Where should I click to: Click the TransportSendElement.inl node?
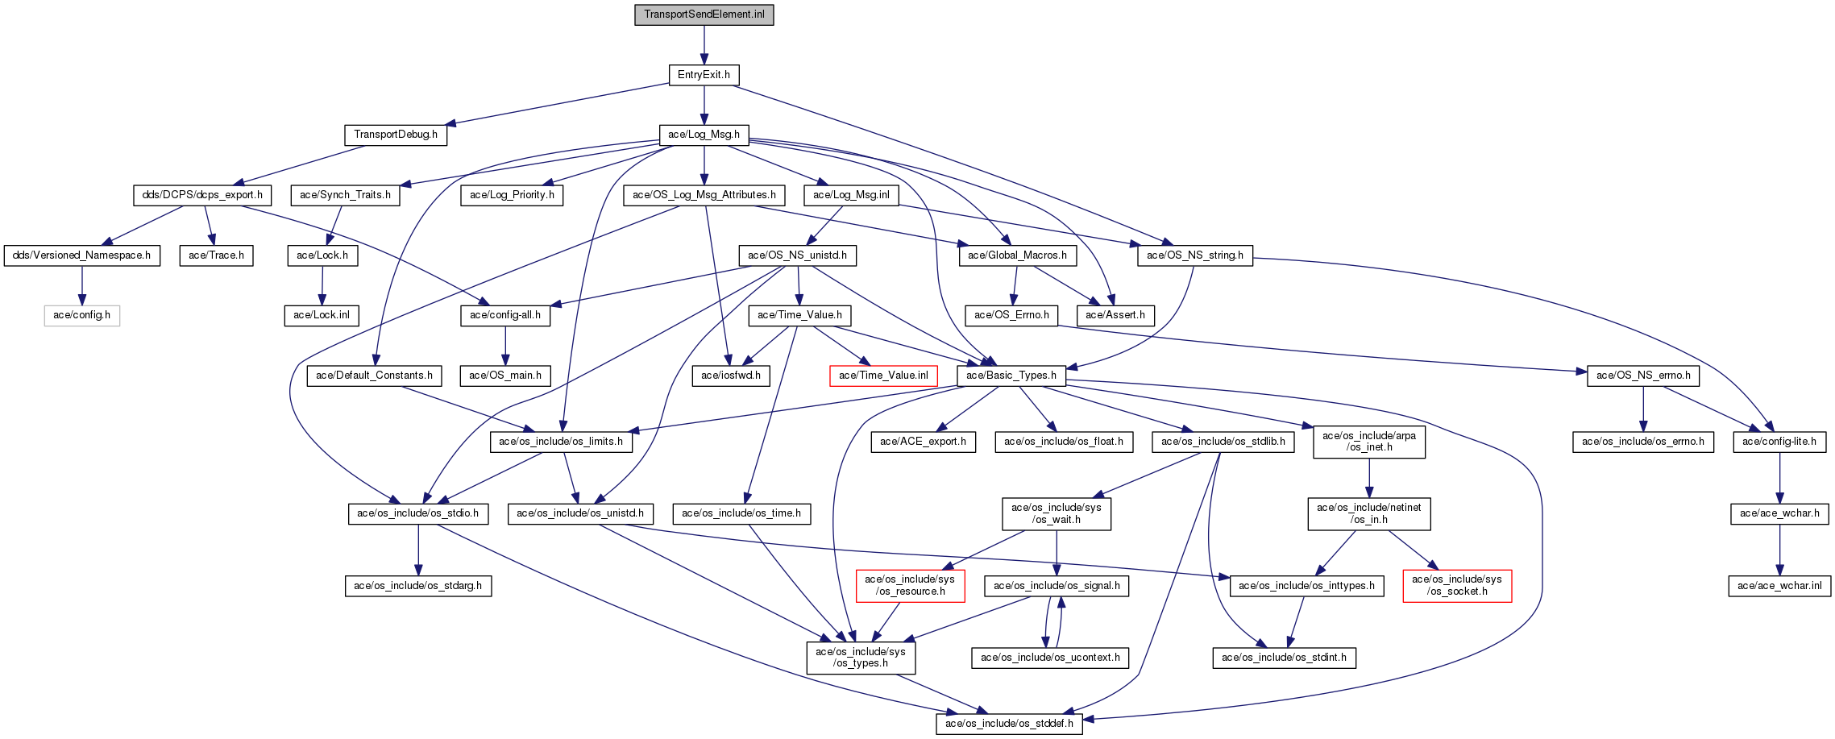pos(704,15)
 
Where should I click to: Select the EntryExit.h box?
pos(704,75)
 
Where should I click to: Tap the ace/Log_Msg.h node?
pos(704,135)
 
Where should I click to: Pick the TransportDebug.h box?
pos(396,135)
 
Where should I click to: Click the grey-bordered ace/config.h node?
pos(81,315)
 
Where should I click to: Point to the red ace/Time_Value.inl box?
pos(883,376)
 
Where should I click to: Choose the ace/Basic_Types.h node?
pos(1011,376)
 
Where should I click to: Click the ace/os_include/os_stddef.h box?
pos(1009,724)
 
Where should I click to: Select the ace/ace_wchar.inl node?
pos(1779,586)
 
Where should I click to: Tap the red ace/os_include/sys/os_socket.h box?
pos(1457,585)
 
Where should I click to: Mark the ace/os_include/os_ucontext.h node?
pos(1050,658)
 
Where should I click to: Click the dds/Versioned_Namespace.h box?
pos(81,255)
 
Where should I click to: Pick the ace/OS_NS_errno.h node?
pos(1643,376)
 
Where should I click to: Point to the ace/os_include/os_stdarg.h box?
pos(417,586)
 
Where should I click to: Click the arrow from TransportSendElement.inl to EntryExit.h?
pos(704,45)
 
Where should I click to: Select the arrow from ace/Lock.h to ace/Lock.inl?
pos(322,285)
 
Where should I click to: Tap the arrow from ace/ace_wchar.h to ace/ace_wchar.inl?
pos(1779,550)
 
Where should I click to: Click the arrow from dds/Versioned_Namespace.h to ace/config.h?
pos(81,285)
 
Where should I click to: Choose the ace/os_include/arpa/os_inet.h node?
pos(1368,442)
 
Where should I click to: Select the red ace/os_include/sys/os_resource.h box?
pos(909,585)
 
